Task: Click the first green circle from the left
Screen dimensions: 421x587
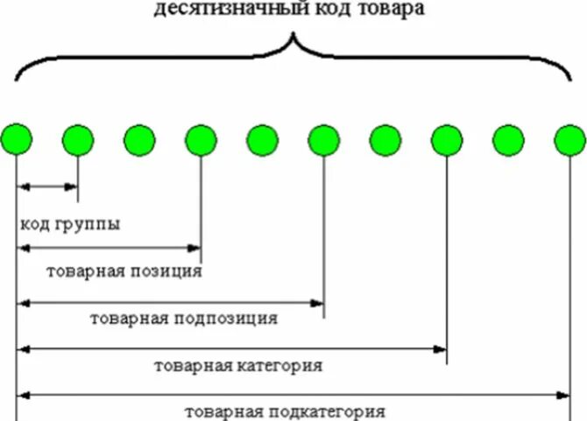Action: coord(17,139)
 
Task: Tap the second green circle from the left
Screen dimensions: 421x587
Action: coord(78,139)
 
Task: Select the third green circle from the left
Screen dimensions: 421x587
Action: coord(139,139)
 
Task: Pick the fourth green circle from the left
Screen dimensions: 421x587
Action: coord(201,139)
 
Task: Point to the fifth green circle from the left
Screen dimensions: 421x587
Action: coord(262,139)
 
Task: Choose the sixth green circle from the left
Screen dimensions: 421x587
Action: coord(324,139)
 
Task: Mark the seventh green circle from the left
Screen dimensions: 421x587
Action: coord(385,139)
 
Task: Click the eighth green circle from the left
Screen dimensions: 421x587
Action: coord(447,139)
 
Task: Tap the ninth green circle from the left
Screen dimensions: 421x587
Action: coord(508,139)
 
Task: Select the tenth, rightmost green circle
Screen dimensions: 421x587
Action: coord(570,139)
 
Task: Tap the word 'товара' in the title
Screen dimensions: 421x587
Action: coord(398,11)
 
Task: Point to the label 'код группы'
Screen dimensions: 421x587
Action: coord(70,223)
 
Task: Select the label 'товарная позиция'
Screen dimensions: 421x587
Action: coord(124,270)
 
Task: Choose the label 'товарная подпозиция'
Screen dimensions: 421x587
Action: coord(184,318)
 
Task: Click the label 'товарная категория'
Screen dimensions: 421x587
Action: coord(237,365)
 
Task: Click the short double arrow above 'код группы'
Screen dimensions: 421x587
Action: coord(47,186)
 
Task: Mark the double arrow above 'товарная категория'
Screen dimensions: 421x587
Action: coord(232,349)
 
